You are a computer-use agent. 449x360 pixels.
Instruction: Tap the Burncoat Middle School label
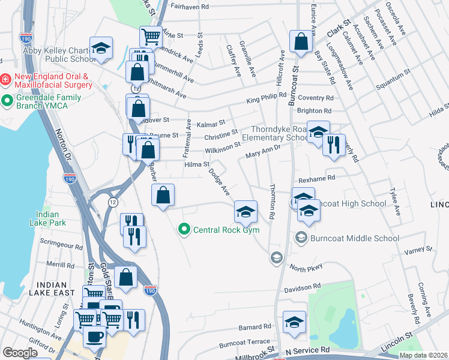[354, 238]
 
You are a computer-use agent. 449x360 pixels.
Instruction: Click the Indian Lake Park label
[47, 218]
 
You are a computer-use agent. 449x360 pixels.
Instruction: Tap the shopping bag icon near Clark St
[300, 42]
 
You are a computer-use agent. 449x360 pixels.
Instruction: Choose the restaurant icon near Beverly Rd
[333, 145]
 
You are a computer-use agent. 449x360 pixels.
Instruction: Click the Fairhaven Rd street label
[189, 7]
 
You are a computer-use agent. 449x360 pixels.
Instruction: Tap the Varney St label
[418, 251]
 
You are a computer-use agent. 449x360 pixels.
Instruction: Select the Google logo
[20, 353]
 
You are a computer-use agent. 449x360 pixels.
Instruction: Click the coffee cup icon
[94, 337]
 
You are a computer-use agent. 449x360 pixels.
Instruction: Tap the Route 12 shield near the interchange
[113, 202]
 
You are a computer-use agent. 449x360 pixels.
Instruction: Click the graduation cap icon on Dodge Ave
[244, 211]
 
